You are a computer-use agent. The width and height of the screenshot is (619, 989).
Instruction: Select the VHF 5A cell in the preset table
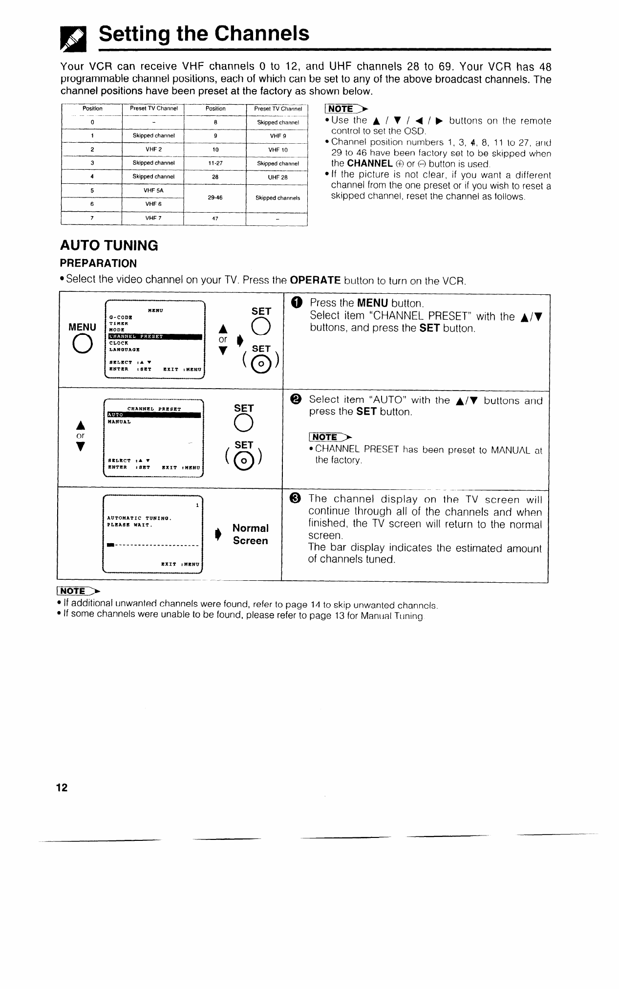(x=153, y=191)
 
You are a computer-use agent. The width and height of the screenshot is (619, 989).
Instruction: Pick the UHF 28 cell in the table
(x=277, y=177)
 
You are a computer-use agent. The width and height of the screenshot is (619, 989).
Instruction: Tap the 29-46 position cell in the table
(x=215, y=198)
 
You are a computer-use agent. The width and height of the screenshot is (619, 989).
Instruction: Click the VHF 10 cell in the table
(x=277, y=150)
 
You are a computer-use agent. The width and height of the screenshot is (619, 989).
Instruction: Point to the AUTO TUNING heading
(x=108, y=245)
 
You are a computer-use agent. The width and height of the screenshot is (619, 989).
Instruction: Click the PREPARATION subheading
(x=98, y=264)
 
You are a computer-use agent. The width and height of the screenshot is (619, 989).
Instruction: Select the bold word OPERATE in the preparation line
(x=315, y=281)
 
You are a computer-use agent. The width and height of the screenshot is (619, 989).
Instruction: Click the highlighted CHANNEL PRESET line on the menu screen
(x=154, y=336)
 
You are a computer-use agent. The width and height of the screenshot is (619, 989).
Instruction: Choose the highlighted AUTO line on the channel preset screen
(x=154, y=416)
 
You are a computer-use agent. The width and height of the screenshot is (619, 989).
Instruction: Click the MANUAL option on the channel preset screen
(x=120, y=422)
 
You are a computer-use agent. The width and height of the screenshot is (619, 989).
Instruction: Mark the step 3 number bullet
(x=295, y=498)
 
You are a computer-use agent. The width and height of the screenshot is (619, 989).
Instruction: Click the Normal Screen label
(x=250, y=534)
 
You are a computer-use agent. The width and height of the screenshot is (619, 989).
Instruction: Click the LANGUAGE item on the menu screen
(x=125, y=350)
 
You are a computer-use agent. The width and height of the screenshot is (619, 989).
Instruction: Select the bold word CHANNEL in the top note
(x=370, y=163)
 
